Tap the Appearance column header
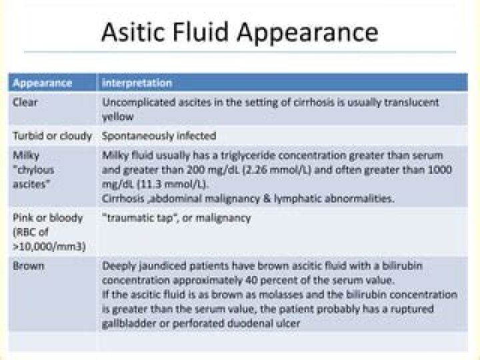coord(43,83)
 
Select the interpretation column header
coord(137,83)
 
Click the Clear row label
coord(25,103)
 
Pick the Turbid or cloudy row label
coord(52,136)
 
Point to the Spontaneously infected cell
coord(159,136)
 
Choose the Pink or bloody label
coord(47,218)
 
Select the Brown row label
coord(28,265)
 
